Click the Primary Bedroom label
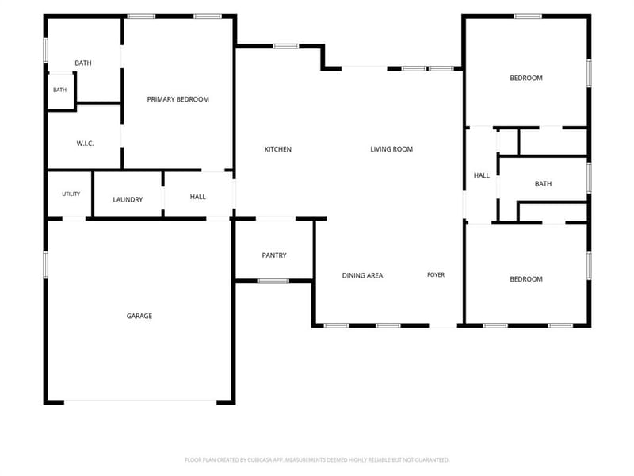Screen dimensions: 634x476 click(x=178, y=99)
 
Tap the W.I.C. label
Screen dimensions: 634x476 click(x=85, y=144)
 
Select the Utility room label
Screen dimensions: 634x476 click(x=71, y=194)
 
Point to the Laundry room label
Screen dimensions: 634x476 click(x=128, y=199)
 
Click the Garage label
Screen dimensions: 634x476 click(x=139, y=316)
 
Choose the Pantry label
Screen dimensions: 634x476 click(x=274, y=255)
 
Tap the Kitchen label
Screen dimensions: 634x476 click(x=278, y=149)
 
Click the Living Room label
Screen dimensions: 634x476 click(x=391, y=149)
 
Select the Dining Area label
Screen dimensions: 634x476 click(x=362, y=275)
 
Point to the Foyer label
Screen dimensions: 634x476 click(x=436, y=274)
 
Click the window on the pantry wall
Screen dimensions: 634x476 click(x=273, y=281)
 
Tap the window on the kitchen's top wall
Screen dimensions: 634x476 click(x=286, y=46)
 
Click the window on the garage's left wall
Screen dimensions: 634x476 click(x=46, y=265)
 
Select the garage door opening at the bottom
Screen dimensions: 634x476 click(x=140, y=401)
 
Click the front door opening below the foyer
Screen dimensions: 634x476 click(x=443, y=326)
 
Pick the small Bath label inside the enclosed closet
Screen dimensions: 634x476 click(x=60, y=90)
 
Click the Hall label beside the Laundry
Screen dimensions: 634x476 click(x=197, y=197)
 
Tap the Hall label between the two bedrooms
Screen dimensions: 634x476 click(x=482, y=175)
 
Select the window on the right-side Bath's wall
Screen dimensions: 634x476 click(x=589, y=178)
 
